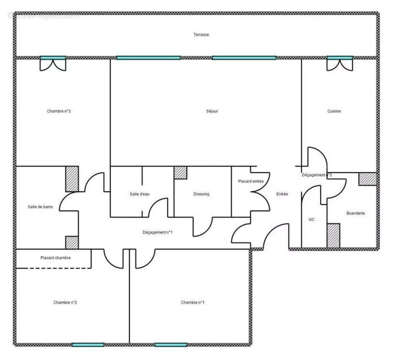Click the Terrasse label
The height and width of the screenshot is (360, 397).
pyautogui.click(x=201, y=35)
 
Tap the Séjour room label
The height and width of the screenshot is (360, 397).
pyautogui.click(x=212, y=111)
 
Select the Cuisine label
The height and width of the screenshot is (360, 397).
pyautogui.click(x=334, y=111)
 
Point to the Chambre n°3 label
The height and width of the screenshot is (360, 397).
pyautogui.click(x=59, y=111)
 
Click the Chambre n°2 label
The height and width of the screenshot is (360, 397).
pyautogui.click(x=65, y=302)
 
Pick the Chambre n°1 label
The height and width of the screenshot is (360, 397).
pyautogui.click(x=193, y=302)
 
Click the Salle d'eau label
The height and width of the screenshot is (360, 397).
pyautogui.click(x=140, y=194)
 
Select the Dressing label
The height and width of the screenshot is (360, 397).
pyautogui.click(x=201, y=194)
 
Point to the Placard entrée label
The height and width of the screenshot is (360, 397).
pyautogui.click(x=251, y=181)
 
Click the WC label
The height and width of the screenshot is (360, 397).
pyautogui.click(x=311, y=220)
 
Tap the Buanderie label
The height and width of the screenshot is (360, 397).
pyautogui.click(x=356, y=213)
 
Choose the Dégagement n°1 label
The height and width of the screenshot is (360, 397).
pyautogui.click(x=158, y=232)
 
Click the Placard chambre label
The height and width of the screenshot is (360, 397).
pyautogui.click(x=55, y=258)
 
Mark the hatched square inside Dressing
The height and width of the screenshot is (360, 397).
pyautogui.click(x=180, y=173)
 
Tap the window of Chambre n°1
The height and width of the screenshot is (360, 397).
pyautogui.click(x=171, y=345)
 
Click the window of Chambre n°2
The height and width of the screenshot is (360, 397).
pyautogui.click(x=88, y=345)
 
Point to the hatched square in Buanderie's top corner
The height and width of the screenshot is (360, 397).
pyautogui.click(x=367, y=179)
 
